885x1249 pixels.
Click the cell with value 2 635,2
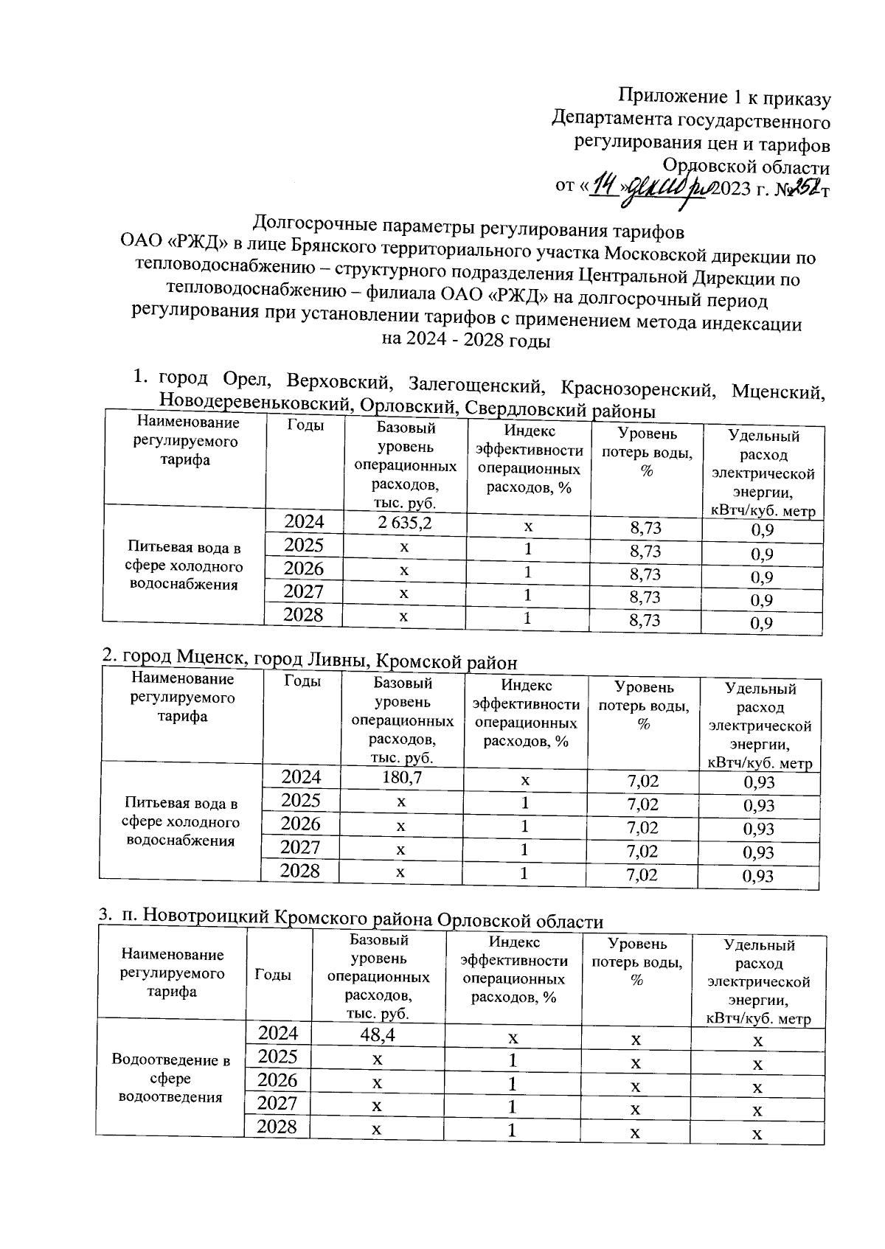point(404,523)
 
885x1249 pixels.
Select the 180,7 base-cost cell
point(401,778)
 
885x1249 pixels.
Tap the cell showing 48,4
point(378,1034)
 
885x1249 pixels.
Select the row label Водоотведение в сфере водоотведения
point(170,1078)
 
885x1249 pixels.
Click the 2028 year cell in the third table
point(277,1127)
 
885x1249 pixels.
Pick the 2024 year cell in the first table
point(304,522)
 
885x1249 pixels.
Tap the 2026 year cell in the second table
point(301,824)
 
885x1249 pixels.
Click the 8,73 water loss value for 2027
point(645,597)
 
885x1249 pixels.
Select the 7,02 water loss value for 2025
point(642,804)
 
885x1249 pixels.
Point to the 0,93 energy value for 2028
point(758,877)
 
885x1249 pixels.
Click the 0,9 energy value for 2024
point(762,530)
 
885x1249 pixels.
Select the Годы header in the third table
point(272,975)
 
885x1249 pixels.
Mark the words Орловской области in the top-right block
point(746,166)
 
